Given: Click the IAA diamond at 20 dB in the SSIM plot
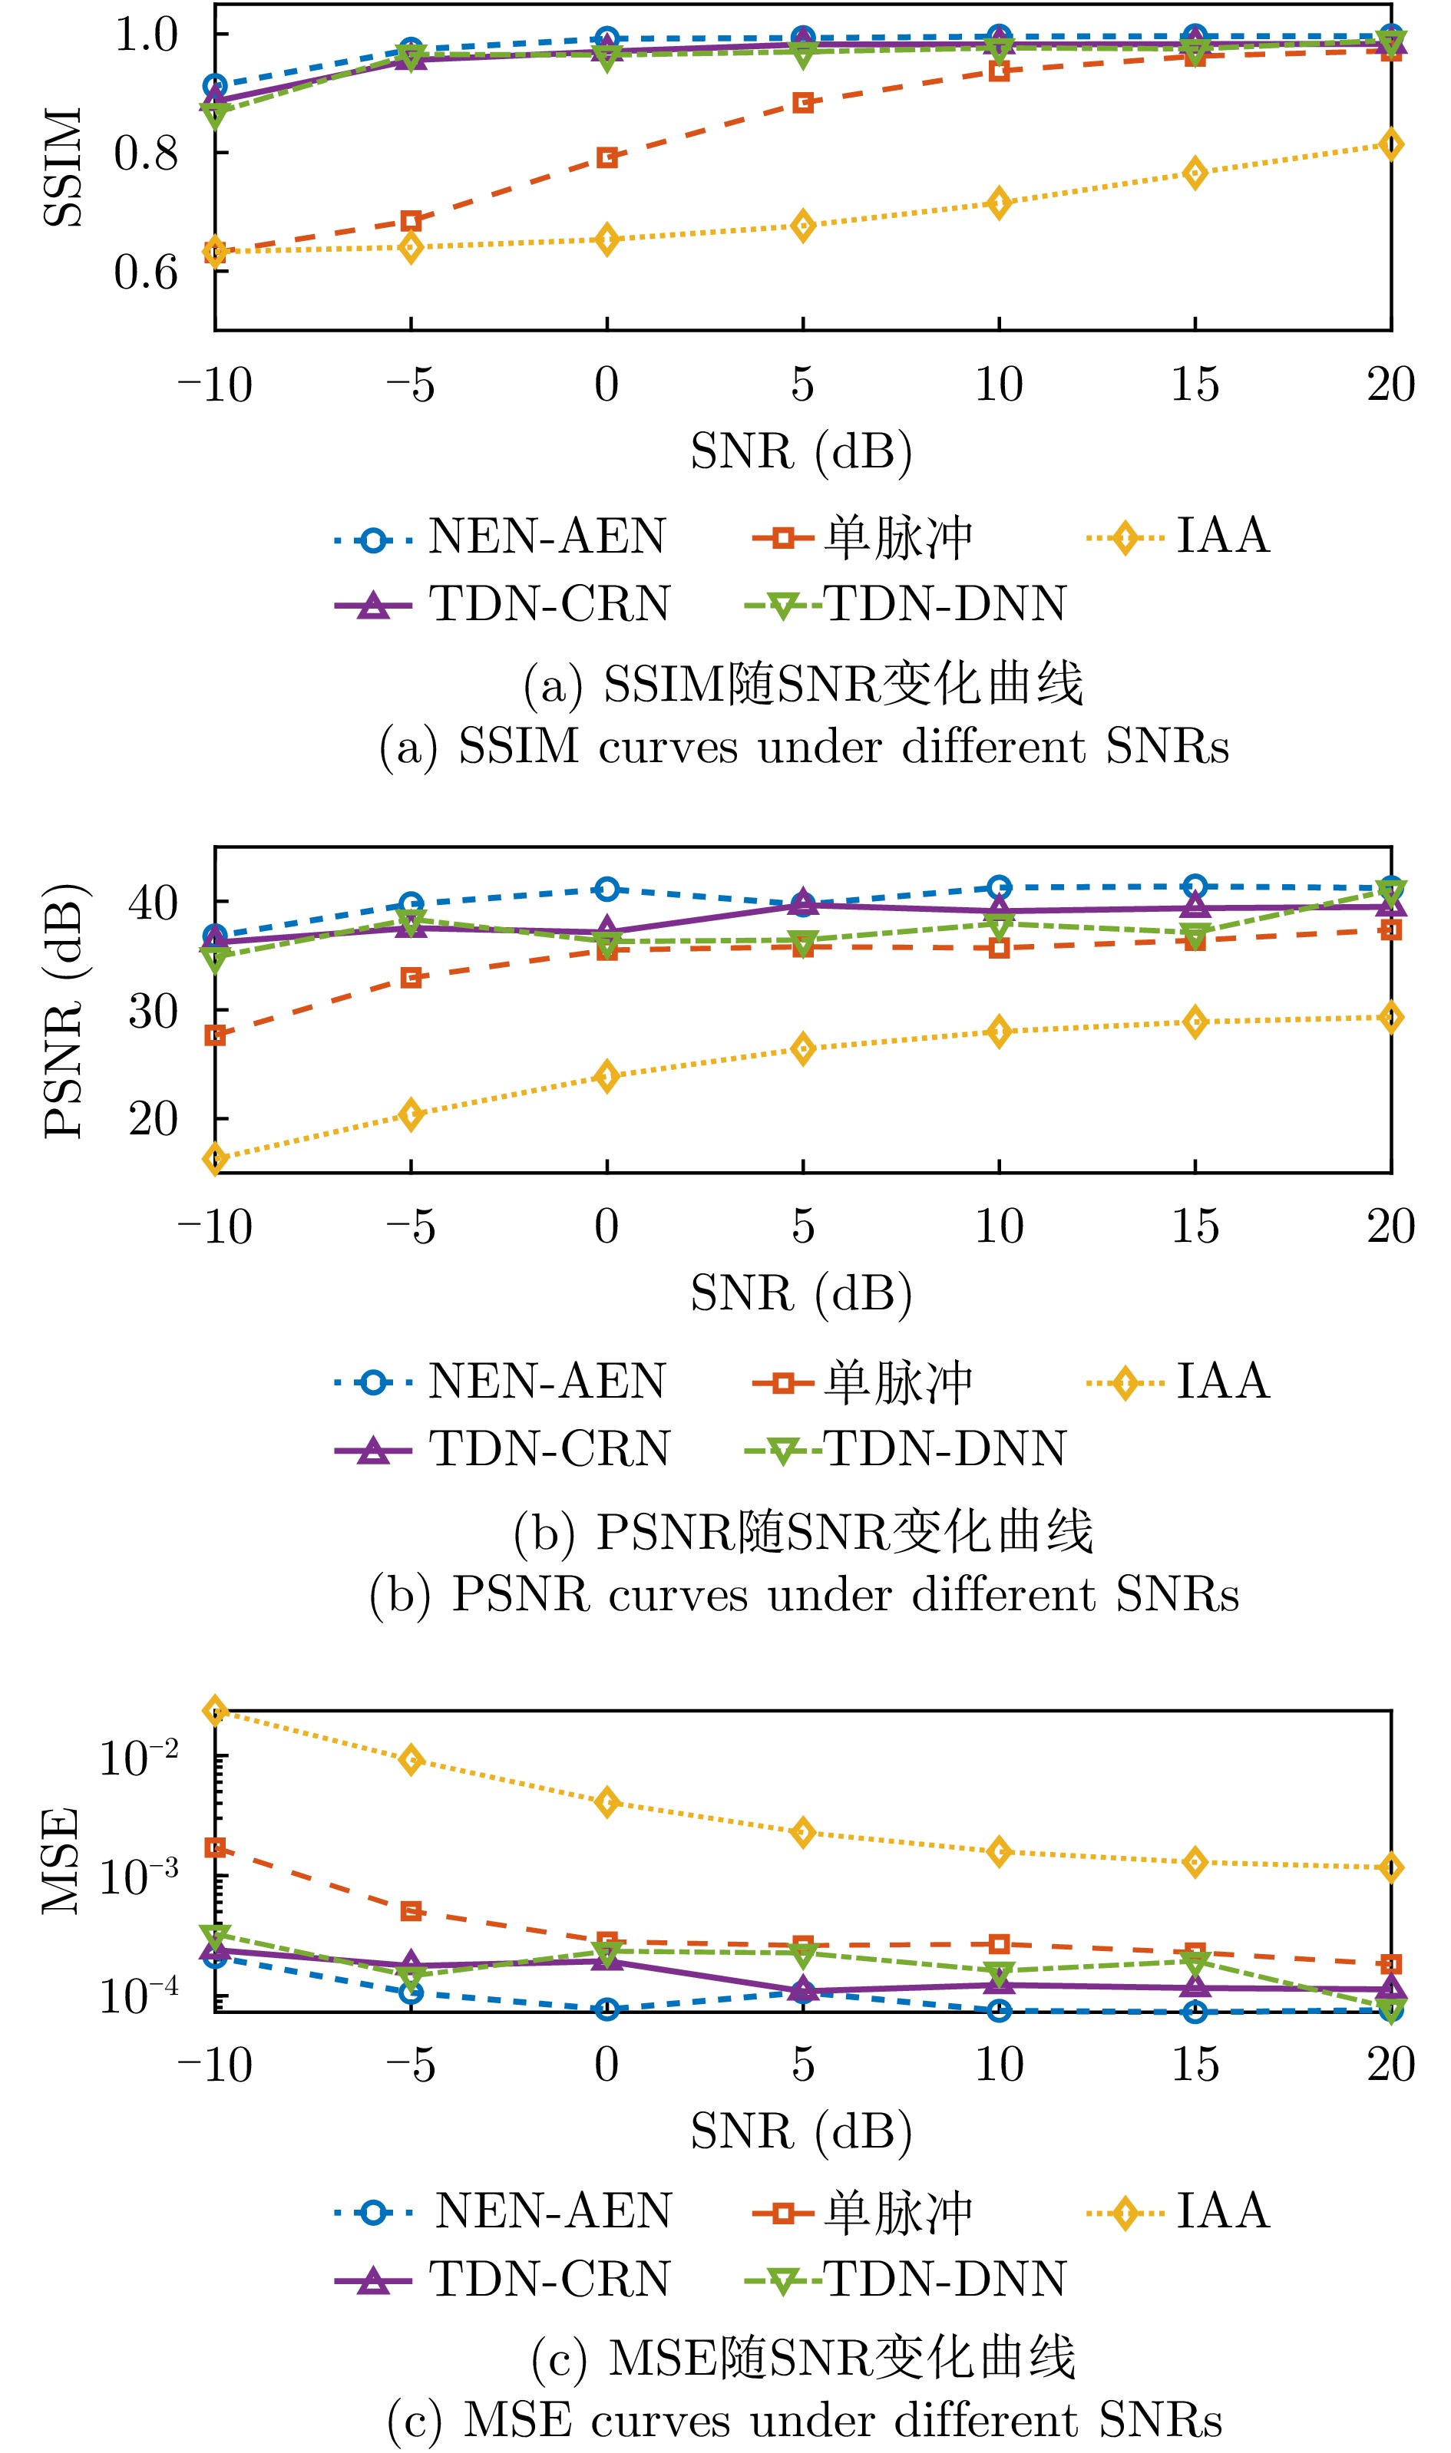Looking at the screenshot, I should (1390, 144).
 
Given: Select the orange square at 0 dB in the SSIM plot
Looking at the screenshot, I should (607, 157).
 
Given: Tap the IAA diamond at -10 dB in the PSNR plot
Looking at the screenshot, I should (215, 1159).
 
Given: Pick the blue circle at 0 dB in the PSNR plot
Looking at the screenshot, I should (607, 890).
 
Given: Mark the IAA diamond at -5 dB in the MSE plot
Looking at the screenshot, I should (412, 1760).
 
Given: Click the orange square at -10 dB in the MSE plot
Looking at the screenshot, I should (215, 1848).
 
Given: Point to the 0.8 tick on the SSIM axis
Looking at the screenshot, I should (147, 154).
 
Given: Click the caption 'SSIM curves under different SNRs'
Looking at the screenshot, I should (804, 747).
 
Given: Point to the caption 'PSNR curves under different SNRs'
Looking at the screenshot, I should (804, 1595).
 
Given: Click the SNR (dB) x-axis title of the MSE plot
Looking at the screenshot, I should (802, 2131).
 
